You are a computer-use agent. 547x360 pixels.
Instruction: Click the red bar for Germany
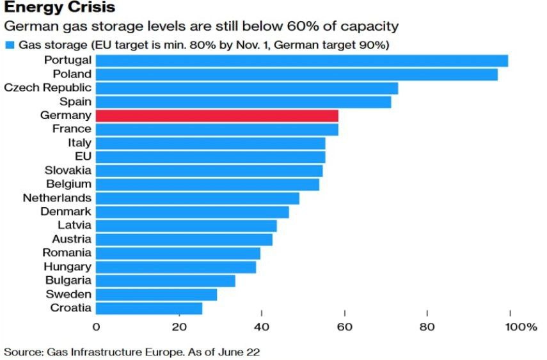[x=217, y=116]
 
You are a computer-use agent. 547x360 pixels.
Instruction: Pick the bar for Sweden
[x=156, y=294]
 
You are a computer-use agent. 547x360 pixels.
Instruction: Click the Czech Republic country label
[x=47, y=88]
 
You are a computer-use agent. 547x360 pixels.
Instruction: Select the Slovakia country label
[x=68, y=171]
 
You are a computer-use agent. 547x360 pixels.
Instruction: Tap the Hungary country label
[x=68, y=267]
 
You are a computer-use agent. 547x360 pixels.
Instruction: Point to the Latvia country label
[x=75, y=225]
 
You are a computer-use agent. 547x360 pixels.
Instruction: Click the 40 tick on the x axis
[x=261, y=328]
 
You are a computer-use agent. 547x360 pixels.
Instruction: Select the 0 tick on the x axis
[x=96, y=328]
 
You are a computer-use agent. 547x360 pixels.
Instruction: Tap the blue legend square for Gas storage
[x=10, y=45]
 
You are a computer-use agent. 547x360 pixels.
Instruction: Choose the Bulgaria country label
[x=68, y=281]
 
